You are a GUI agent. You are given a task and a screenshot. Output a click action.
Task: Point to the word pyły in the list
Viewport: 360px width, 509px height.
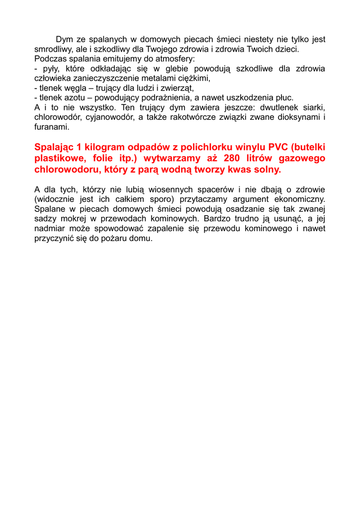point(46,69)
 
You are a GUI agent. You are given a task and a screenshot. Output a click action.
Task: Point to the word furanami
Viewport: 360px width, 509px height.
point(51,127)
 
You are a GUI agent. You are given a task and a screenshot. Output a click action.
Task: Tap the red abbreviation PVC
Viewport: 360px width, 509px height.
point(279,147)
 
